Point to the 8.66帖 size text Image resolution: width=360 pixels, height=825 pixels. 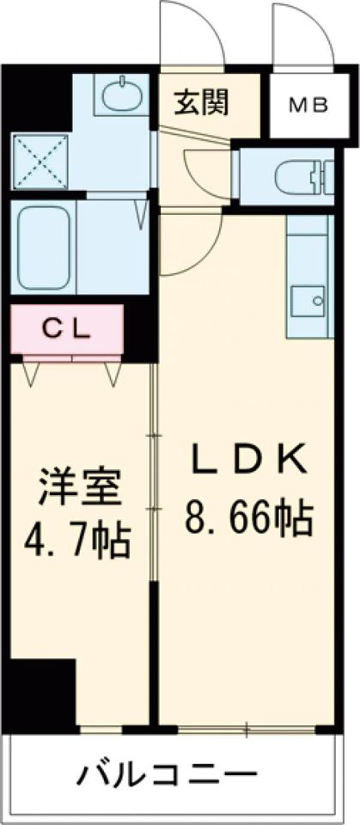[x=247, y=518]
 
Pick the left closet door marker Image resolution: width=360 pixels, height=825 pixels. [x=33, y=371]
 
